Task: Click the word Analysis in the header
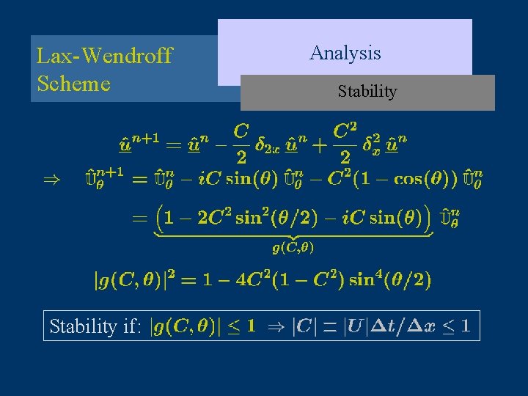tap(345, 53)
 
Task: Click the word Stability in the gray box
tap(367, 92)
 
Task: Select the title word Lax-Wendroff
tap(104, 56)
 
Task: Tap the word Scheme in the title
tap(73, 83)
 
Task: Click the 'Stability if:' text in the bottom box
tap(95, 326)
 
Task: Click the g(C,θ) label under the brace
tap(293, 248)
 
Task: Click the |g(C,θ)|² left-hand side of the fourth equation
tap(136, 279)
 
